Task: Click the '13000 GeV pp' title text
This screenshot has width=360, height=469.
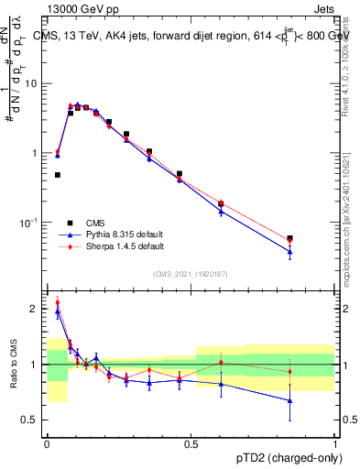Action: click(x=81, y=8)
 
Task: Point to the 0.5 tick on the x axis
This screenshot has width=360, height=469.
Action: click(x=191, y=443)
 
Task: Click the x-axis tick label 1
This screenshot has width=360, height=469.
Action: click(x=335, y=443)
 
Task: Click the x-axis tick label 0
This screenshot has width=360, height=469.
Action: click(x=47, y=443)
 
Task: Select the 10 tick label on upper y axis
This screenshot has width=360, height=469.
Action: click(x=31, y=83)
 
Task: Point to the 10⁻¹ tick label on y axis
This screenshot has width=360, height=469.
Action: click(x=29, y=223)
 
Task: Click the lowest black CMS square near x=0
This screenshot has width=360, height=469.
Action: click(x=57, y=174)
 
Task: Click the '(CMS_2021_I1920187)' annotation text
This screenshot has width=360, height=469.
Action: click(x=191, y=274)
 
